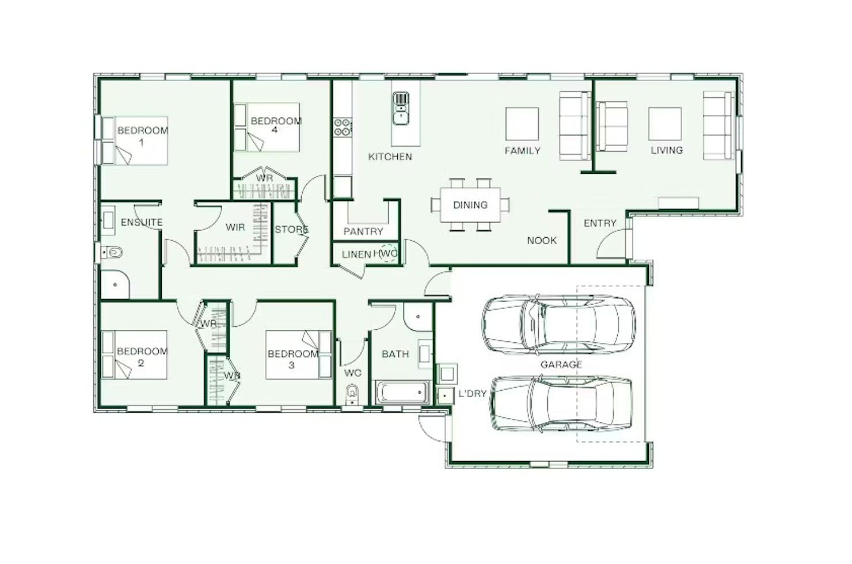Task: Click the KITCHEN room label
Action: tap(390, 157)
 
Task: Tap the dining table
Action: tap(470, 205)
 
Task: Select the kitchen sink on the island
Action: tap(401, 108)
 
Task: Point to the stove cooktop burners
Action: tap(343, 127)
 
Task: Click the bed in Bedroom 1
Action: tap(135, 141)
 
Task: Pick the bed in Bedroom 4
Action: tap(267, 127)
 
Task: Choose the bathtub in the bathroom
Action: tap(402, 392)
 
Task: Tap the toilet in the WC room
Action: tap(352, 394)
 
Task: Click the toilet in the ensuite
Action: tap(112, 252)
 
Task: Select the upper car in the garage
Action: tap(558, 325)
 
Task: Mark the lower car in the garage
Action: tap(561, 403)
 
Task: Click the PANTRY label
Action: tap(363, 231)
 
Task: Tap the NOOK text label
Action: tap(542, 241)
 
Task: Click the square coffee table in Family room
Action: tap(522, 124)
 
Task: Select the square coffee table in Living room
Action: tap(665, 124)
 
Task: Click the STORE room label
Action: tap(291, 229)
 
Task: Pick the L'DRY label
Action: tap(473, 394)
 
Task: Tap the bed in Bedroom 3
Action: tap(299, 355)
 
